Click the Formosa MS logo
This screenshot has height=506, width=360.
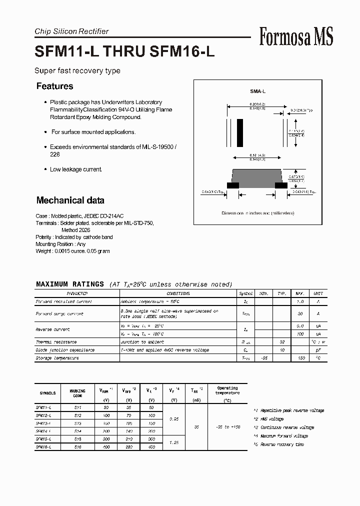296,37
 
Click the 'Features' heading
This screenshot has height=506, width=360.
54,86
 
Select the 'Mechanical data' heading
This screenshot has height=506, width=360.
70,200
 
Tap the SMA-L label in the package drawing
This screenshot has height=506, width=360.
257,91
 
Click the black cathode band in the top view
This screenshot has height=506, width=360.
240,132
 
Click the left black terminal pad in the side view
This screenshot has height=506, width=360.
233,185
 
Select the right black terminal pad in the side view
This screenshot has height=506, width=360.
281,185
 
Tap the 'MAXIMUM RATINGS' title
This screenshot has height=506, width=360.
70,284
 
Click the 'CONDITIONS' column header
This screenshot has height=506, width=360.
178,293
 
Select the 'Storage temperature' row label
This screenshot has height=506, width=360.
57,358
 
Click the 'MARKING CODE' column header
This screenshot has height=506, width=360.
77,393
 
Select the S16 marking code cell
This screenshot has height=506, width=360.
77,447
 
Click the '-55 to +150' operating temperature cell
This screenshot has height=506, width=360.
227,427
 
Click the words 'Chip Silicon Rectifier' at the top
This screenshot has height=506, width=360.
71,31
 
